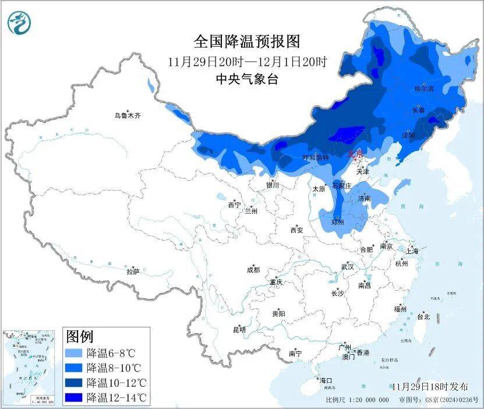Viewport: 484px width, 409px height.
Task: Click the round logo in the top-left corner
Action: click(20, 23)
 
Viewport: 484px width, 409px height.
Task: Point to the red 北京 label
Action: click(355, 154)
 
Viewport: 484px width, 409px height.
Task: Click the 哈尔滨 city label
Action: click(423, 89)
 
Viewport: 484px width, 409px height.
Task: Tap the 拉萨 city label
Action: click(133, 272)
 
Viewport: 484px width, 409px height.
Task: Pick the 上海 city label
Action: click(412, 251)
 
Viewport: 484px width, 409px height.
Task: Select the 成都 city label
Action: click(253, 270)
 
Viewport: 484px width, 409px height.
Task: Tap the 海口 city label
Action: click(325, 380)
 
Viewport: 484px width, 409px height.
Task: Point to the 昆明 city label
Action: click(239, 330)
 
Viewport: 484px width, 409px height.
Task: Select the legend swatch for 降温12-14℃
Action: click(73, 397)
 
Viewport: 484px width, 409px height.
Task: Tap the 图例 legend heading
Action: click(80, 336)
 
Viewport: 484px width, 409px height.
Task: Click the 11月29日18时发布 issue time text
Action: click(430, 386)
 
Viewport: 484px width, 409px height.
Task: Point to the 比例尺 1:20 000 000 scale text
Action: click(357, 400)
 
